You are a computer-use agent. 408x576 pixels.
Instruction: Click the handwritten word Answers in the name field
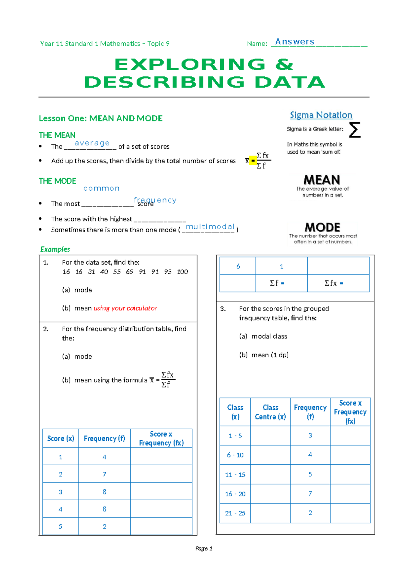(x=294, y=42)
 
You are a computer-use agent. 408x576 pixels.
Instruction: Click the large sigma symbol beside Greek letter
(x=355, y=130)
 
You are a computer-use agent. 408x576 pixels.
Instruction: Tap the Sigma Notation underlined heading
(x=321, y=115)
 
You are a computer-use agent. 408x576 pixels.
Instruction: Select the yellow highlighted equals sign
(x=253, y=161)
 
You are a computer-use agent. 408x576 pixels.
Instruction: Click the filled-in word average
(x=92, y=143)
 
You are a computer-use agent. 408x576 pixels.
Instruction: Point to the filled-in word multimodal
(x=210, y=227)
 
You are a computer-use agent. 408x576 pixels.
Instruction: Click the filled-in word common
(x=101, y=188)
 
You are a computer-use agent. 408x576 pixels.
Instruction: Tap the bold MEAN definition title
(x=322, y=180)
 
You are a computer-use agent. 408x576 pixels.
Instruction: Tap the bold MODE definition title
(x=322, y=227)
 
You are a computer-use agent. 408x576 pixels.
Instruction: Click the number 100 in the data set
(x=183, y=272)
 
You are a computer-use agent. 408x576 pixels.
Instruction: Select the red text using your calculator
(x=125, y=308)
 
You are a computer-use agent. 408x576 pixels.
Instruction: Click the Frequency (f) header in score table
(x=104, y=438)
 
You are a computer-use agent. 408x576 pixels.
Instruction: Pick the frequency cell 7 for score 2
(x=104, y=474)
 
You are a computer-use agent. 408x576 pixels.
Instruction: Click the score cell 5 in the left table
(x=61, y=526)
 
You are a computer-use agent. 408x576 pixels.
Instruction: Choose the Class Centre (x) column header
(x=270, y=412)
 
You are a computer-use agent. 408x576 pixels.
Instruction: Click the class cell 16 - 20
(x=235, y=494)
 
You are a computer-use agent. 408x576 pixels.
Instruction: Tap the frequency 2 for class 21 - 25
(x=310, y=513)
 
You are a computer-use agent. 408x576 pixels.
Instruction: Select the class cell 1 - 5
(x=235, y=436)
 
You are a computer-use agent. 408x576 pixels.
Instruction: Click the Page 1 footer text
(x=204, y=548)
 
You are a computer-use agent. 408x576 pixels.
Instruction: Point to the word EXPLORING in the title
(x=190, y=65)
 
